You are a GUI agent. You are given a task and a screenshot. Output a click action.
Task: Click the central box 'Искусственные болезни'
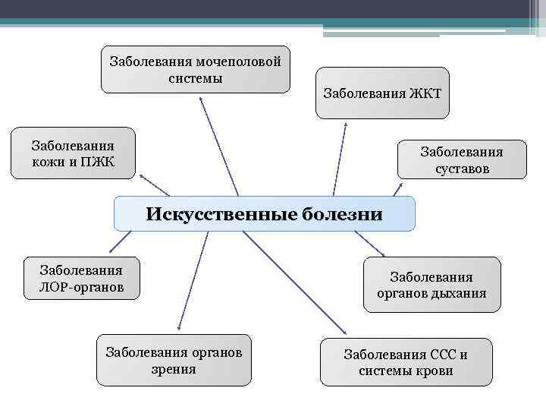pos(265,213)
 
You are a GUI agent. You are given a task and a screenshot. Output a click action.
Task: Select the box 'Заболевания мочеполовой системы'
pos(196,70)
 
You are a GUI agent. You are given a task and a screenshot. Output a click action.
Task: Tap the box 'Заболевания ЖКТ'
pos(382,93)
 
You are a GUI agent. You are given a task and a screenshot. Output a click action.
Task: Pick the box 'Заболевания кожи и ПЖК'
pos(73,153)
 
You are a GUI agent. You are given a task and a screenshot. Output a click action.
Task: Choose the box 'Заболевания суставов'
pos(462,159)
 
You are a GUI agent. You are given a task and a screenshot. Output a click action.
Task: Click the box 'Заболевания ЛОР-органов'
pos(81,278)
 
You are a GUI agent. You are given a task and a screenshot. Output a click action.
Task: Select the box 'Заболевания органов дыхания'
pos(431,285)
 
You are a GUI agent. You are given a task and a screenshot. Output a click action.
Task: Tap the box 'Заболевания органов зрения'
pos(174,360)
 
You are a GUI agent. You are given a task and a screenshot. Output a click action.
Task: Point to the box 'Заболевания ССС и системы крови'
pos(406,362)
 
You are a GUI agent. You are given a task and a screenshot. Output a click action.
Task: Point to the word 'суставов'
pos(462,169)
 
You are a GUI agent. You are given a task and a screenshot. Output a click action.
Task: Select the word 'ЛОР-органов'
pos(81,288)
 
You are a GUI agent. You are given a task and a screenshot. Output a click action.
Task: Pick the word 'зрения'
pos(174,370)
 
